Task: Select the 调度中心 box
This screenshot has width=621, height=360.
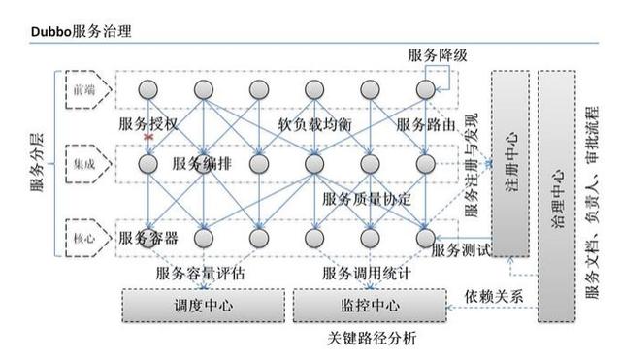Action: (203, 306)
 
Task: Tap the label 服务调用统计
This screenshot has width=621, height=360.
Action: (366, 274)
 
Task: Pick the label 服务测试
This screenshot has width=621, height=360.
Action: (460, 250)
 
